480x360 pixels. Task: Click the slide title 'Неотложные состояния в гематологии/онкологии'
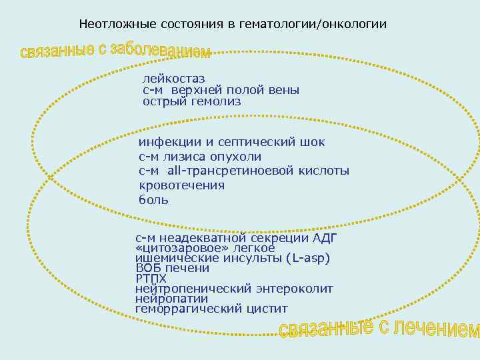[x=232, y=24]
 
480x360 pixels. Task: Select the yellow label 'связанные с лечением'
[x=379, y=327]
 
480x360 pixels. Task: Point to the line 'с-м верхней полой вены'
[x=221, y=90]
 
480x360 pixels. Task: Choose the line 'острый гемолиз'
[x=191, y=101]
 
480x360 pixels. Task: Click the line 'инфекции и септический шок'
[x=231, y=142]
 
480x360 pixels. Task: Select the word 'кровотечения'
[x=181, y=185]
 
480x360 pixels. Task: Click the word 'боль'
[x=153, y=199]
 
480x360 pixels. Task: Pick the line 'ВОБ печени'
[x=172, y=268]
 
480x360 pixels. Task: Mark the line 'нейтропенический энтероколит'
[x=233, y=289]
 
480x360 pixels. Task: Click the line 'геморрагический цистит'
[x=211, y=309]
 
